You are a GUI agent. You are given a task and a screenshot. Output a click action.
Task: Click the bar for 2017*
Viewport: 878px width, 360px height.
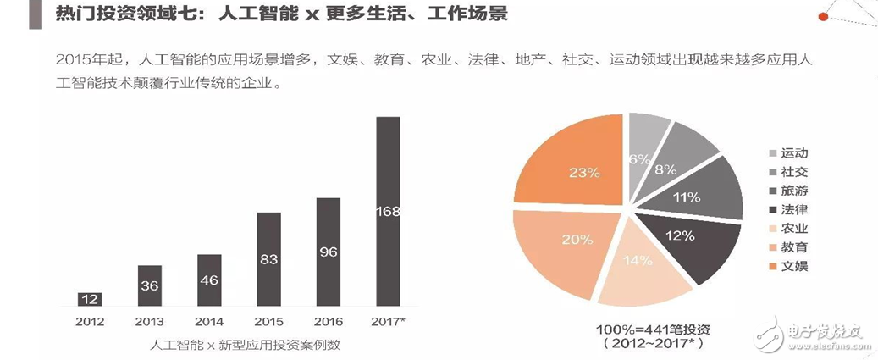pos(387,211)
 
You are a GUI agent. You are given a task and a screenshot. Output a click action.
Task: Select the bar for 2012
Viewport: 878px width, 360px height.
pos(90,299)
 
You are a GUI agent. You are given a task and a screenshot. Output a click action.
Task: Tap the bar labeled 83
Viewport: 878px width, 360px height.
pos(268,259)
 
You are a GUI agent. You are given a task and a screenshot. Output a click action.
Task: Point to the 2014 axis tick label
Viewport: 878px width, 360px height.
pos(208,322)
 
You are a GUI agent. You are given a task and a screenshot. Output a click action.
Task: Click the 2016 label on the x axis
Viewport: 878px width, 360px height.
pos(328,322)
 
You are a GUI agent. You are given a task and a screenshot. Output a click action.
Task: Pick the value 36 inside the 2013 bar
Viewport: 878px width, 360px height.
pos(149,286)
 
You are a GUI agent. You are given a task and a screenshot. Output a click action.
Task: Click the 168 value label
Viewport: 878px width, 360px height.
pos(387,211)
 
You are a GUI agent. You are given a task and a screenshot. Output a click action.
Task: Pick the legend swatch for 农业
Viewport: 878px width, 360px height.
pos(773,230)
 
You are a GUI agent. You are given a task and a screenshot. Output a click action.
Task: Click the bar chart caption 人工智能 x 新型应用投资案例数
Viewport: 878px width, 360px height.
pos(246,345)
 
